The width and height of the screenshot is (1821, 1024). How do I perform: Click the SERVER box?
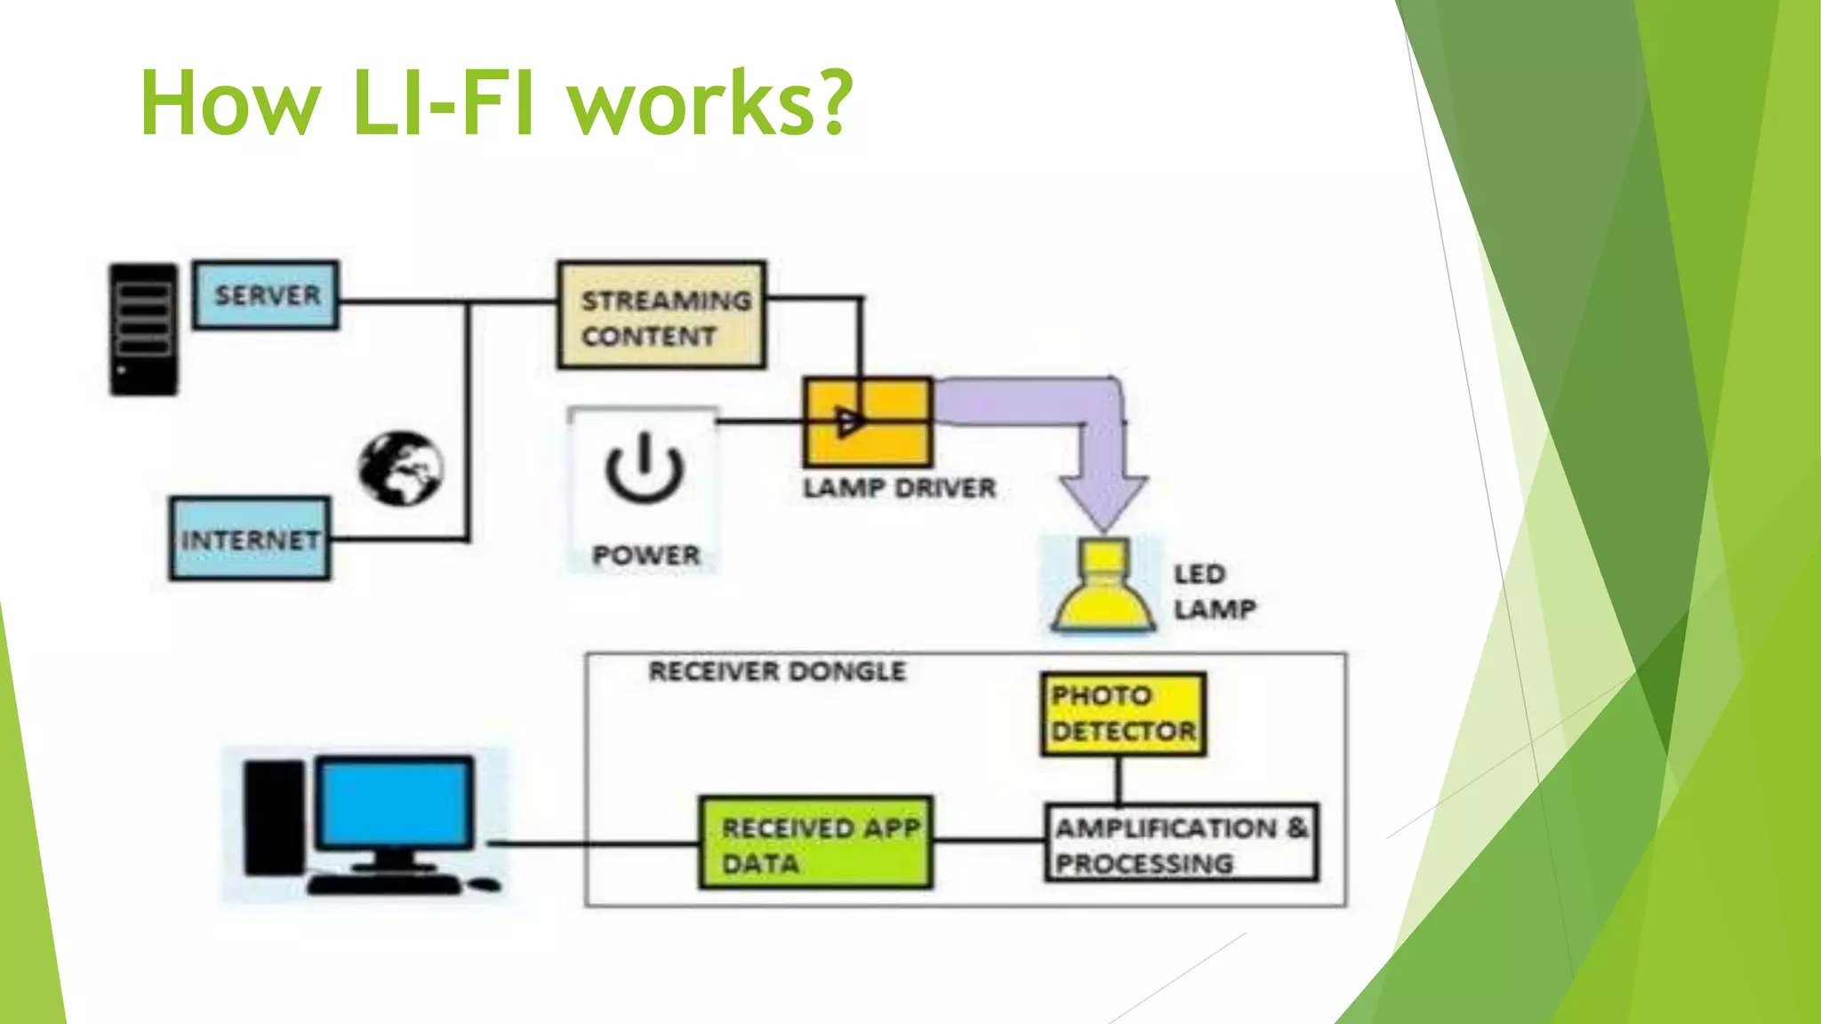tap(266, 295)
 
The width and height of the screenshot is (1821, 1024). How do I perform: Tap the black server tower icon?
tap(143, 329)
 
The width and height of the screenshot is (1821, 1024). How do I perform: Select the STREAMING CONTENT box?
tap(662, 316)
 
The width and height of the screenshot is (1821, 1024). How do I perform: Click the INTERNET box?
tap(250, 539)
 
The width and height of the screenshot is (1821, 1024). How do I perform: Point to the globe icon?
tap(401, 468)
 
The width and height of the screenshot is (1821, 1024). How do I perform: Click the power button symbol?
tap(644, 468)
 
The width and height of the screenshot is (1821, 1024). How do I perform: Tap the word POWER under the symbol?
tap(646, 556)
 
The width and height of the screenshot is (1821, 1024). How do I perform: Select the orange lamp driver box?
tap(868, 422)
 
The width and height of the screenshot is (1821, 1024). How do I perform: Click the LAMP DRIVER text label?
tap(899, 489)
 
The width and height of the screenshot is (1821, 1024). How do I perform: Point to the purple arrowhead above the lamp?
tap(1103, 503)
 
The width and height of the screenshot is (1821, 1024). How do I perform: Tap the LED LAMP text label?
tap(1214, 592)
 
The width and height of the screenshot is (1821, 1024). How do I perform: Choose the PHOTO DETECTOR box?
tap(1123, 714)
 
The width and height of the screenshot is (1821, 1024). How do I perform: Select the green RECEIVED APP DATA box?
tap(815, 843)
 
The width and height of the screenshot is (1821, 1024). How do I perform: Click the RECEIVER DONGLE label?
tap(777, 672)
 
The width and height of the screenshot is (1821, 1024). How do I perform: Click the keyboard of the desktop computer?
tap(384, 884)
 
